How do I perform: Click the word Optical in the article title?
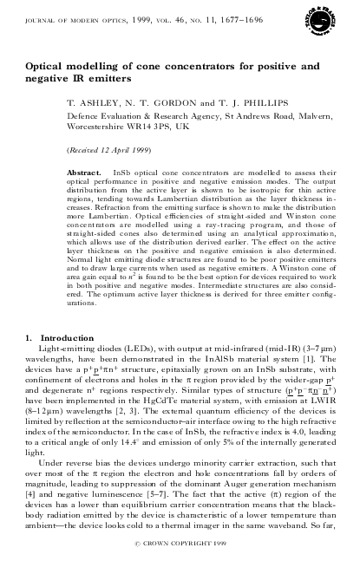(45, 65)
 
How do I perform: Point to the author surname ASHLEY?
(92, 101)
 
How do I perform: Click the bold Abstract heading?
(83, 173)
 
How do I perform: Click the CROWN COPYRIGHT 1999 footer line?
(180, 564)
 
